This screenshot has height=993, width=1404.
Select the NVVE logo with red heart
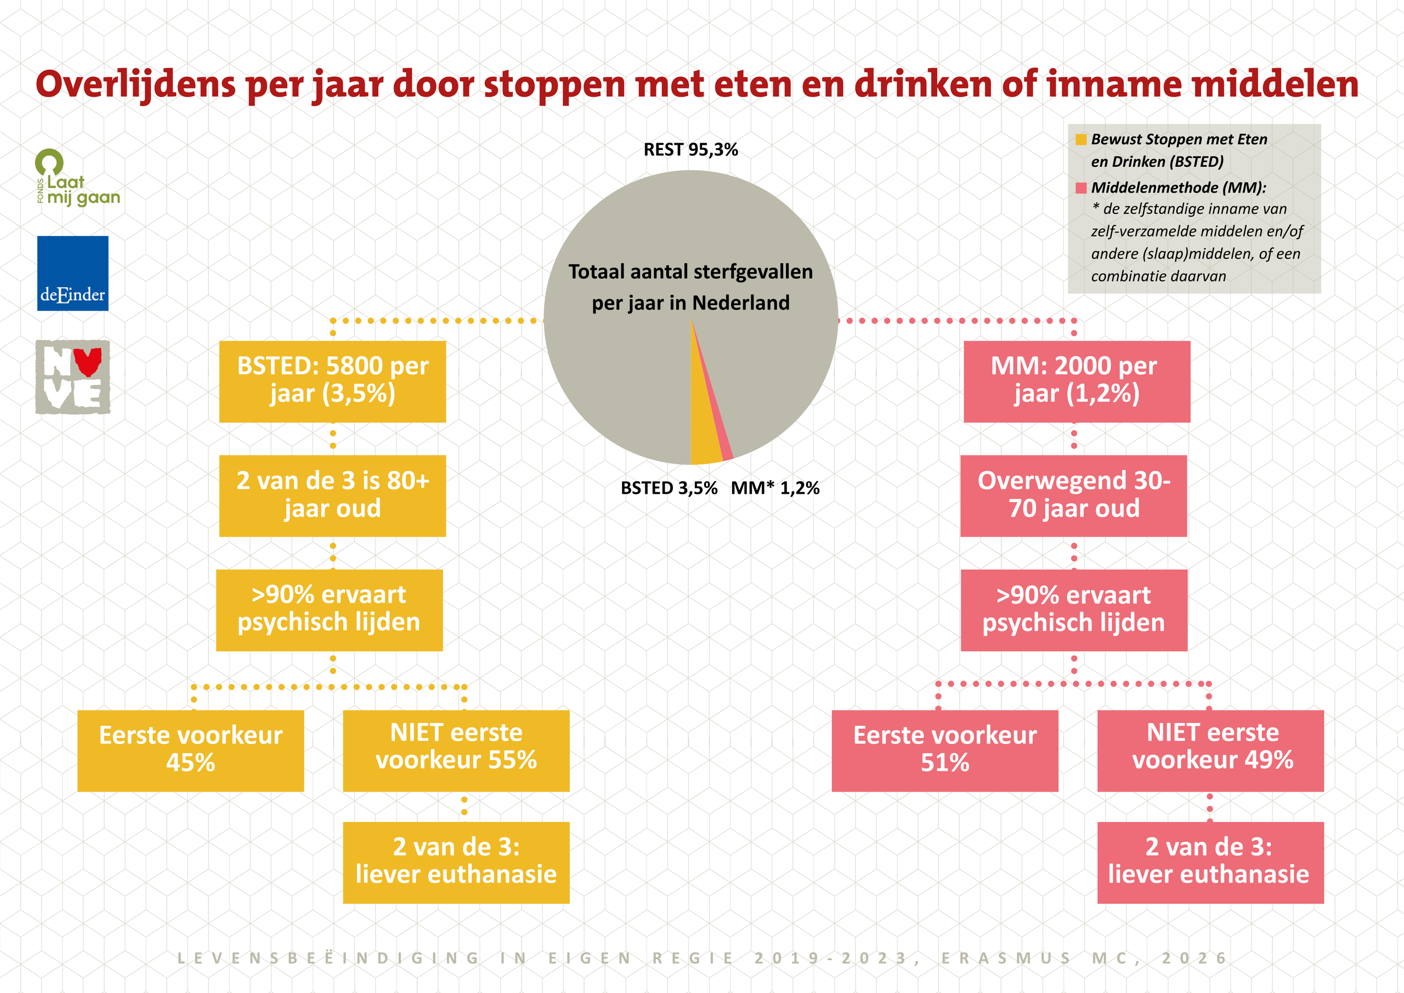click(73, 377)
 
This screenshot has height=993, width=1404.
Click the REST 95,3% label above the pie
click(690, 150)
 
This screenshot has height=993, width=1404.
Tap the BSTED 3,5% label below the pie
click(669, 488)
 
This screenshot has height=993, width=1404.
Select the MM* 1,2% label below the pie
click(775, 488)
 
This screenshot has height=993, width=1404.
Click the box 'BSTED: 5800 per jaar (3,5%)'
click(333, 381)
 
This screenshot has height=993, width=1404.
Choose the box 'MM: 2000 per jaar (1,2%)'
click(1076, 381)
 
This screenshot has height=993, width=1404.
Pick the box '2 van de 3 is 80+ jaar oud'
click(333, 495)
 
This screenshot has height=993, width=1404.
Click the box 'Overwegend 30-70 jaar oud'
click(1073, 495)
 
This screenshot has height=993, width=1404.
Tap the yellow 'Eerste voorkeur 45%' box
click(191, 751)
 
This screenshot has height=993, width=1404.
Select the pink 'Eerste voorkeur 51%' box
click(945, 751)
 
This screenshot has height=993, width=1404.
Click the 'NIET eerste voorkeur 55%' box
click(456, 751)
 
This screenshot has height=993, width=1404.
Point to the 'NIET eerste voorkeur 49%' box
click(1210, 751)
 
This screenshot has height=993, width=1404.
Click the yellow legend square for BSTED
click(1080, 139)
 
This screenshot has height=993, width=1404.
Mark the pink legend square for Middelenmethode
click(1080, 188)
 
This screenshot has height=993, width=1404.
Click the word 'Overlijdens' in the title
click(136, 84)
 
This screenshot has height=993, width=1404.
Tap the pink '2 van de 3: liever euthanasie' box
click(1210, 862)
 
